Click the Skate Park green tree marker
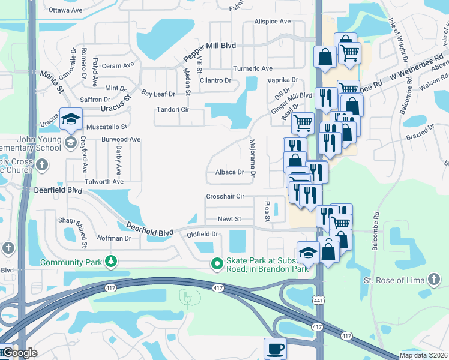click(217, 263)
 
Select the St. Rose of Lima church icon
click(433, 280)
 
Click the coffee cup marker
click(276, 348)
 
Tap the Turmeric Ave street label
click(253, 69)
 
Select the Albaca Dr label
click(229, 172)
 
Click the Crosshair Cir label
click(225, 196)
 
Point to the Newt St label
click(229, 219)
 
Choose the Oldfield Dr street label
click(202, 234)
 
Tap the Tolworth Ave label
click(104, 181)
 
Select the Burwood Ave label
click(121, 139)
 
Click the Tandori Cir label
click(172, 110)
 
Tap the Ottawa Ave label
click(65, 10)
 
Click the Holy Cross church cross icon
click(41, 164)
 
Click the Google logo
click(19, 353)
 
